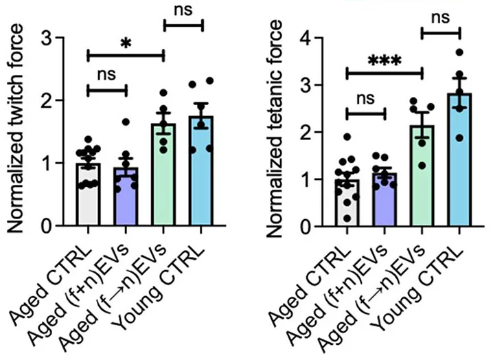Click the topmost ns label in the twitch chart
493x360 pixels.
[183, 10]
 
